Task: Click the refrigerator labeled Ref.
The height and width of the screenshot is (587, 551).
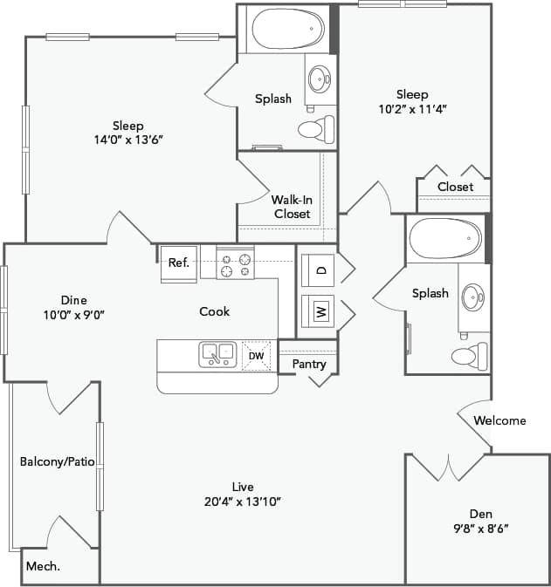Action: tap(178, 263)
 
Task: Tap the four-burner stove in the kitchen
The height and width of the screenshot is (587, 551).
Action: tap(235, 263)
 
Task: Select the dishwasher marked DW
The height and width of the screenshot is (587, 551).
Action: tap(256, 355)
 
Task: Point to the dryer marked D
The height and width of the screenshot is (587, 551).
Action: tap(320, 270)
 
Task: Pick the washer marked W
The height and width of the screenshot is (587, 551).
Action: tap(320, 311)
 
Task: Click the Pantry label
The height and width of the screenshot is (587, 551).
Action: tap(309, 363)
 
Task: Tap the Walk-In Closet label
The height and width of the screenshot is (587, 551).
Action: tap(292, 207)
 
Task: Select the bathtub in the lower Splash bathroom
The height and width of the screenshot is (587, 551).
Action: tap(445, 238)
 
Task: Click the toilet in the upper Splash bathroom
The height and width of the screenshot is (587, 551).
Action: tap(314, 130)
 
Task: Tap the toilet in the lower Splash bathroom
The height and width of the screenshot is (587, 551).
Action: tap(467, 355)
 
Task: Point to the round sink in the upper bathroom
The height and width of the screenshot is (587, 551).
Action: tap(320, 79)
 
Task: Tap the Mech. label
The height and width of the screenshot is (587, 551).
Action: tap(42, 566)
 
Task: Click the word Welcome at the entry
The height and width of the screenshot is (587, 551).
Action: tap(499, 420)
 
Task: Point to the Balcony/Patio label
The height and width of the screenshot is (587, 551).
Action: tap(57, 461)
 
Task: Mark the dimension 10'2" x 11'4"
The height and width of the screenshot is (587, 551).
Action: tap(411, 110)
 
